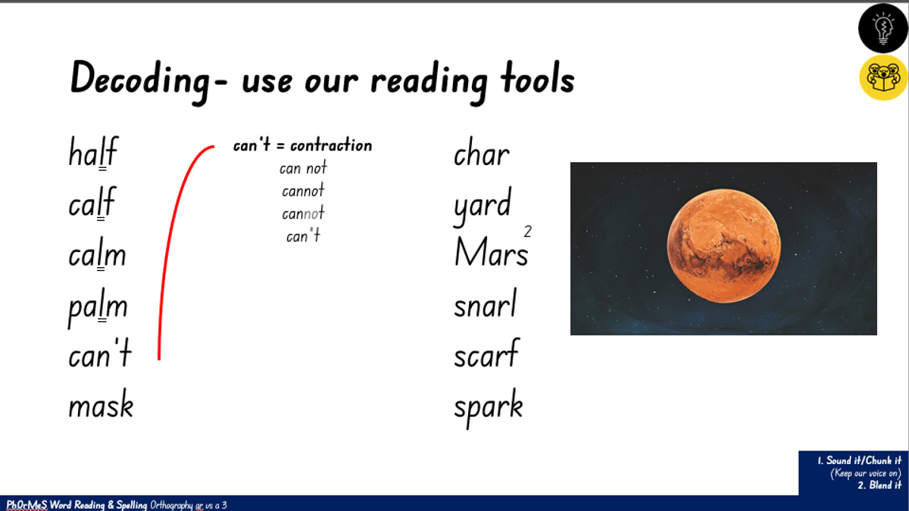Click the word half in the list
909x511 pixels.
[x=93, y=151]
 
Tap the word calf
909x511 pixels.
[x=92, y=203]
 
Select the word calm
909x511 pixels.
[x=98, y=254]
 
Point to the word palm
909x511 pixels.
[x=98, y=307]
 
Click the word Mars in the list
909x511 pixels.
[x=492, y=252]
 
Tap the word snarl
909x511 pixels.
[x=486, y=303]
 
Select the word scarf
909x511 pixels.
[x=486, y=353]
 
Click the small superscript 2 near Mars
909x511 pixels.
[x=527, y=232]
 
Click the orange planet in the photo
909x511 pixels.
[x=723, y=246]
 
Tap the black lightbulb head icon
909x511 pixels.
[x=883, y=28]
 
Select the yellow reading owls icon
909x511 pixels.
[x=883, y=77]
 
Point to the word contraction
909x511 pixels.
[x=331, y=145]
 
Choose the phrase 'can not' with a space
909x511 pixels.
[x=303, y=167]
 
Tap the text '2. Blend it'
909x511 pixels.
[x=879, y=485]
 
